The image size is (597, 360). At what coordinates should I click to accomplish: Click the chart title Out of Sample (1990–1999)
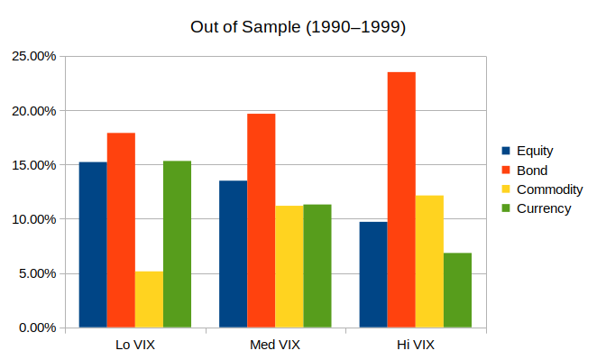298,27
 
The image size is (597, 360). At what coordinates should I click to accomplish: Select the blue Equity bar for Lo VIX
93,245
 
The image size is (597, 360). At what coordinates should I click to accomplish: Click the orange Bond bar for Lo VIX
121,230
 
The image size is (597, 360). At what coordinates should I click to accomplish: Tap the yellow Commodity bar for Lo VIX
149,299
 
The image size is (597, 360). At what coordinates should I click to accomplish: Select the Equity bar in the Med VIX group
233,254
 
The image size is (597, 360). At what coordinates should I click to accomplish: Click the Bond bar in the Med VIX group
261,220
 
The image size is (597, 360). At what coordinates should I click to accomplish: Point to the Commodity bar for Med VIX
289,266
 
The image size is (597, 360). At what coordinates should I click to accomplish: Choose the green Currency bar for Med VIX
317,265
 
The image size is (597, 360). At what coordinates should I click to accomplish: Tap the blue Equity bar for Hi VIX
373,274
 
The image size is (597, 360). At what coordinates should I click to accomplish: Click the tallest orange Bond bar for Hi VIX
401,199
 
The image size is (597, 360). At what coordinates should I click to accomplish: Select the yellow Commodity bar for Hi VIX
429,261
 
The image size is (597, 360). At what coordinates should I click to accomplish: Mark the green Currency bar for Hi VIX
457,290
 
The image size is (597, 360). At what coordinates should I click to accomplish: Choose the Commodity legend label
548,189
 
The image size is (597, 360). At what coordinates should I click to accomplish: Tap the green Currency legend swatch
506,208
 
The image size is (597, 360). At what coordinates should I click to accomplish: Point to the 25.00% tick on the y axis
32,56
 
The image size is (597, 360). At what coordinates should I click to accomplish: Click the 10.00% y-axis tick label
32,219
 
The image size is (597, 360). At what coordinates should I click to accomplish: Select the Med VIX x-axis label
275,346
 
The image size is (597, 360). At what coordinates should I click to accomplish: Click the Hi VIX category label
416,346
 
